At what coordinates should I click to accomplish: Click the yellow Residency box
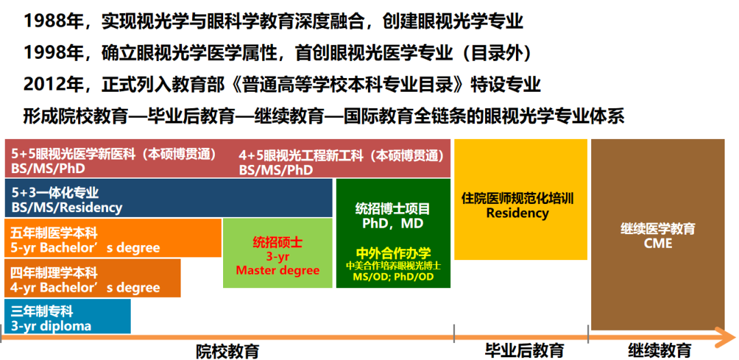(520, 205)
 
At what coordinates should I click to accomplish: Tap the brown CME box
(657, 235)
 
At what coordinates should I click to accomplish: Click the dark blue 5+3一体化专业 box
(168, 198)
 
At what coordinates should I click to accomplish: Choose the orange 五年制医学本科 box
(113, 239)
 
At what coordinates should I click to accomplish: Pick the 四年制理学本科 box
(92, 279)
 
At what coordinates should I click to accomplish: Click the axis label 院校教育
(228, 351)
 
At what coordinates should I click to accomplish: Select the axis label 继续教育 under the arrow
(660, 351)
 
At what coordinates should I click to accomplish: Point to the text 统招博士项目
(393, 209)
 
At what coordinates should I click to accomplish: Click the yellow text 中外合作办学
(393, 253)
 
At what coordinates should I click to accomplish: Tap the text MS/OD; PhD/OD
(393, 277)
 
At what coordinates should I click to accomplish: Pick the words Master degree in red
(277, 270)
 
